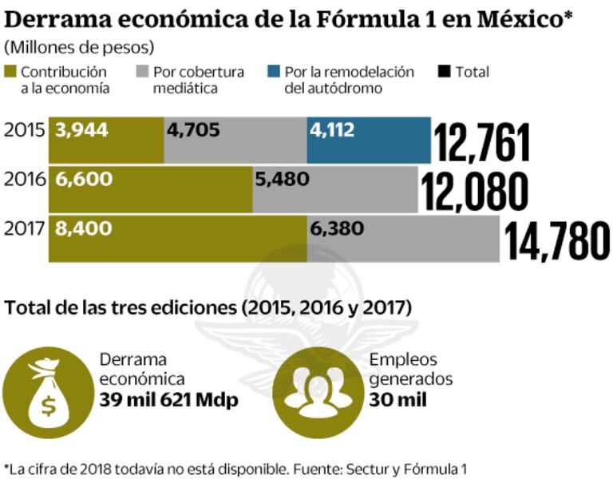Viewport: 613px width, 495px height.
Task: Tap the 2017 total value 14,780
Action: pyautogui.click(x=556, y=241)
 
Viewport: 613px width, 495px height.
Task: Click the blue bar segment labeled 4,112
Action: pyautogui.click(x=368, y=140)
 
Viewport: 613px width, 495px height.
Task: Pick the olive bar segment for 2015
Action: pyautogui.click(x=106, y=140)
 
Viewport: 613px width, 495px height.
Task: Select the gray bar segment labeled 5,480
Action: pyautogui.click(x=334, y=189)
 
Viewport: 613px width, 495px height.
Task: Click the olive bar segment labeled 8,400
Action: pyautogui.click(x=177, y=238)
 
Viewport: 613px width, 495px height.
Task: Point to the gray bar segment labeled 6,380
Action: pyautogui.click(x=403, y=238)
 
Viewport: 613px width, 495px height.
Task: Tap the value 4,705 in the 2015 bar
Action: pyautogui.click(x=195, y=130)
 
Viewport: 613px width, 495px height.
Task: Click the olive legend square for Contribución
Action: pyautogui.click(x=11, y=72)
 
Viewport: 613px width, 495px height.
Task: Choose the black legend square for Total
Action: pyautogui.click(x=445, y=72)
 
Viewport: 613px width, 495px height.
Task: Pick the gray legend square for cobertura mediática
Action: pyautogui.click(x=144, y=72)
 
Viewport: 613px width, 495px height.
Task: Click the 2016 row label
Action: pyautogui.click(x=25, y=180)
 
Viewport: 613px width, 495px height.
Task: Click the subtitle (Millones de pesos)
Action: pyautogui.click(x=79, y=47)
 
